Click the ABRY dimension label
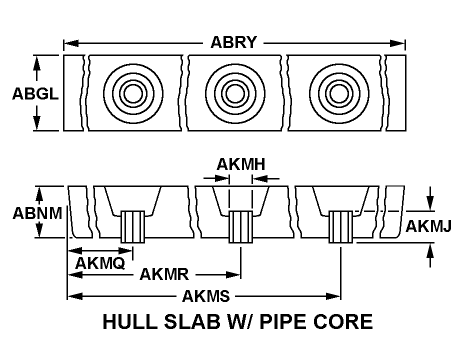click(233, 42)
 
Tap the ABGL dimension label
click(35, 94)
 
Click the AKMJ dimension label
click(428, 226)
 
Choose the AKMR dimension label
click(164, 274)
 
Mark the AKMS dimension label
click(205, 296)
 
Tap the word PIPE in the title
click(292, 321)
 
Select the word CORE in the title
click(347, 321)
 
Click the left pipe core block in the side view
click(132, 226)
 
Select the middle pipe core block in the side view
click(240, 226)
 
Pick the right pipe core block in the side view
click(340, 226)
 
